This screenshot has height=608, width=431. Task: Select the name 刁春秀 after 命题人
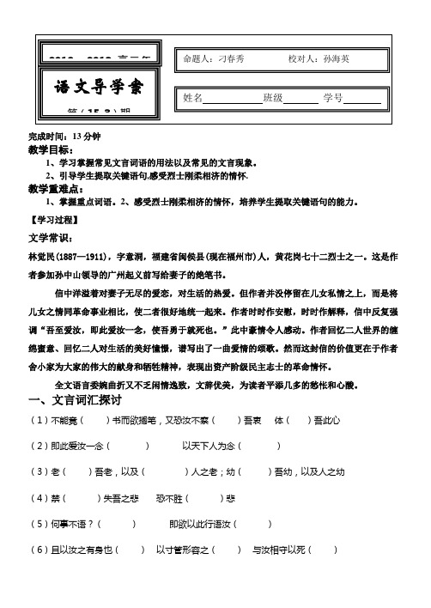(232, 59)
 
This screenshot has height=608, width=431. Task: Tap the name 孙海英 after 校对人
(339, 59)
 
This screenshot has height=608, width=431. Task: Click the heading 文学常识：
(52, 236)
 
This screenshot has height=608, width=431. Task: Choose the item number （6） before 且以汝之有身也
(39, 550)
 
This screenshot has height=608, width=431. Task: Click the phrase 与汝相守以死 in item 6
(278, 550)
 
